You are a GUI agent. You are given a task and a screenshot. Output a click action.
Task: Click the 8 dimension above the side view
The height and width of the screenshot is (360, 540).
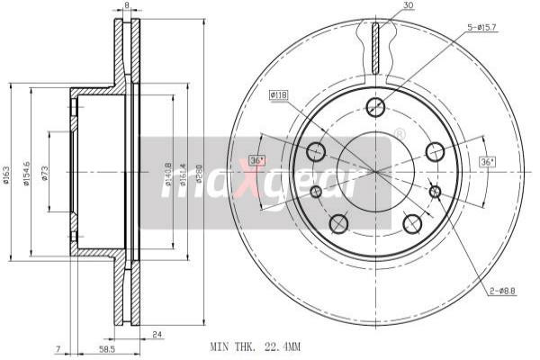click(x=127, y=5)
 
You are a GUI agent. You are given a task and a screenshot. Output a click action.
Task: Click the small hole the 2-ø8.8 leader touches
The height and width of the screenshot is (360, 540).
click(x=435, y=192)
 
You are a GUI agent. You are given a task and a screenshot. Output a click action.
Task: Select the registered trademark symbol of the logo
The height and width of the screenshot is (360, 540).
click(x=400, y=134)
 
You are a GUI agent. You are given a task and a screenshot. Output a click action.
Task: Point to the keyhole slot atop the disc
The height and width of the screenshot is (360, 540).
click(x=376, y=45)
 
